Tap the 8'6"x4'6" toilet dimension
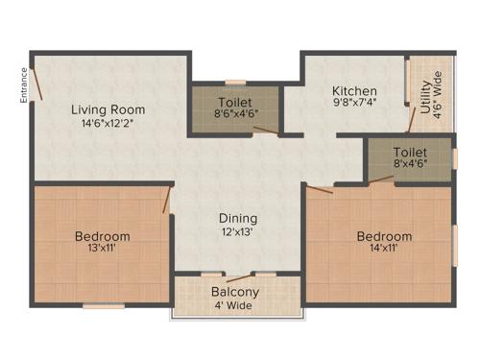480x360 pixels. [x=235, y=112]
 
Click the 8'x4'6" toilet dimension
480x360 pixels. [x=408, y=165]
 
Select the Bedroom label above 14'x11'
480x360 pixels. [x=384, y=236]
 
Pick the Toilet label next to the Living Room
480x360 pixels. [x=235, y=100]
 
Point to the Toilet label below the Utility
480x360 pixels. [x=409, y=152]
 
